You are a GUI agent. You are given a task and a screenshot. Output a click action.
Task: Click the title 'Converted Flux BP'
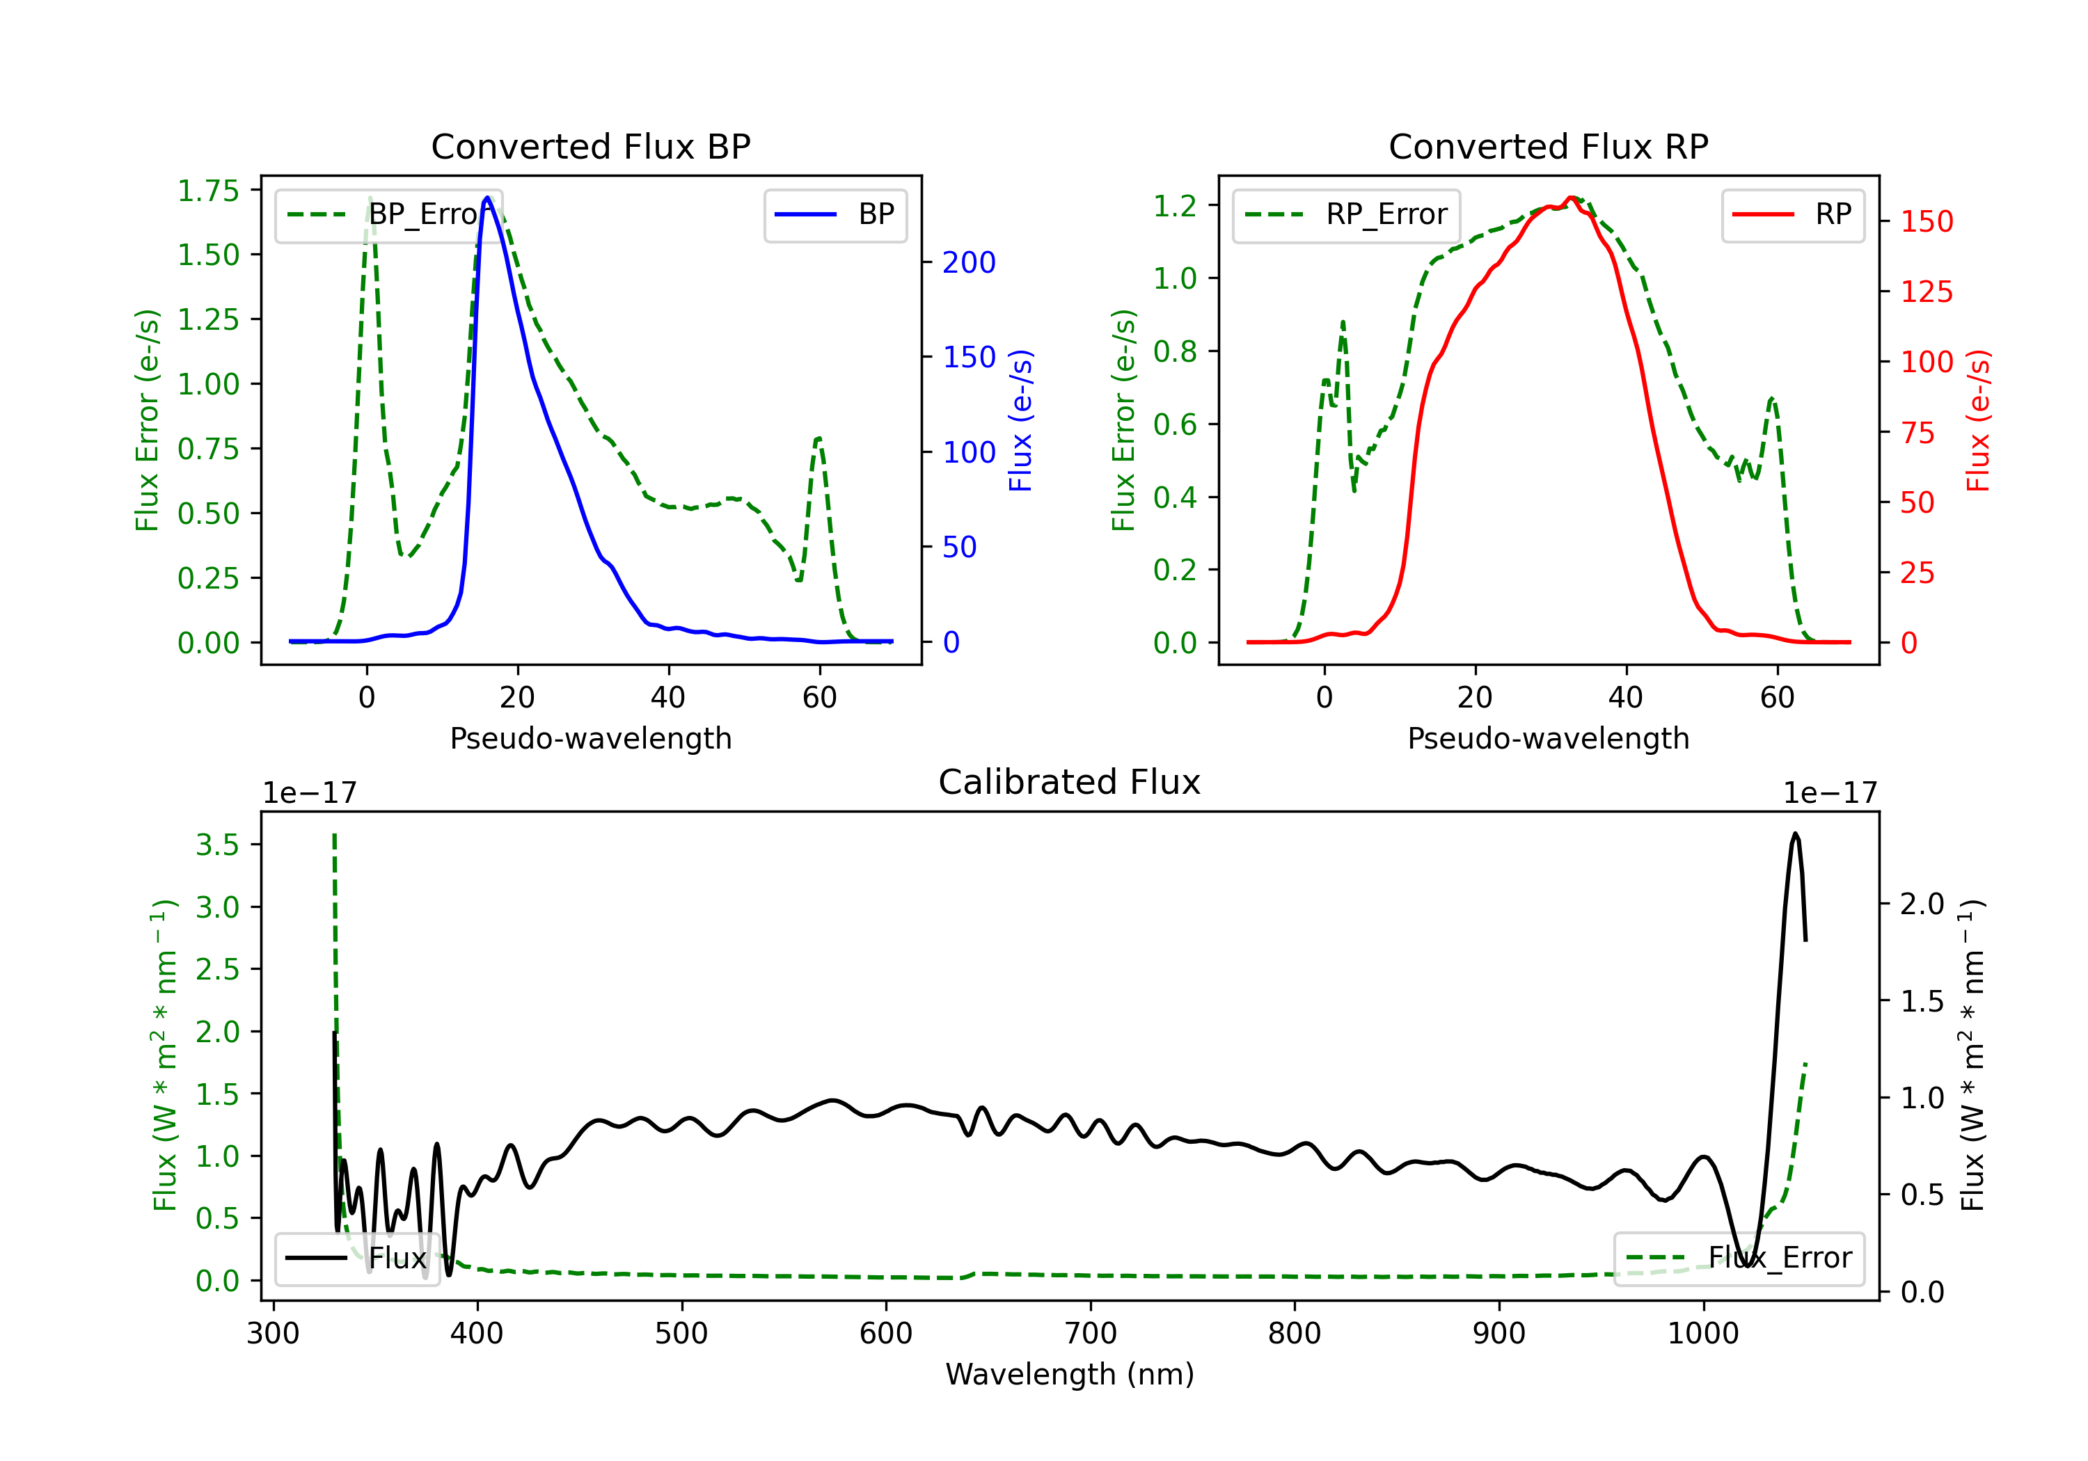click(x=590, y=146)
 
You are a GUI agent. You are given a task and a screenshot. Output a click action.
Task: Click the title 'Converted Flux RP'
click(x=1548, y=146)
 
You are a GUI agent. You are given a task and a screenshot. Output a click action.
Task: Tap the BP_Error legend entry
click(x=389, y=214)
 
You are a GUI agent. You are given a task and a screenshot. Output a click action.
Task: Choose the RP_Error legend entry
click(x=1346, y=214)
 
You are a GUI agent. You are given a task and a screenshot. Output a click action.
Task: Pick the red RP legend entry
click(x=1792, y=214)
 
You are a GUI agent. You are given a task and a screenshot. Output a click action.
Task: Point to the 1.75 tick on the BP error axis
click(x=208, y=191)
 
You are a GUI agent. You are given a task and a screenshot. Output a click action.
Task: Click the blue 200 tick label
click(x=969, y=263)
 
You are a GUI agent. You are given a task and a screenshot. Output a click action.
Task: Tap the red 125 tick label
click(x=1926, y=292)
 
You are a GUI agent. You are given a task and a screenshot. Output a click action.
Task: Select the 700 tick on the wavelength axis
click(x=1091, y=1334)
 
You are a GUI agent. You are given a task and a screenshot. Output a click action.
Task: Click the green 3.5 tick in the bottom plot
click(x=217, y=845)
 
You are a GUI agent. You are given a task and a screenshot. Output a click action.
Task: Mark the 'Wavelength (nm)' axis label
click(x=1070, y=1374)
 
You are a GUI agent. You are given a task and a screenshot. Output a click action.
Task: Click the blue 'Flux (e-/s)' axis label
click(x=1021, y=420)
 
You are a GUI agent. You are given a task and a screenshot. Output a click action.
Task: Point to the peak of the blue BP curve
click(x=487, y=198)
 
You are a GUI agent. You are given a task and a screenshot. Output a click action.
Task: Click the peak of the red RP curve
click(x=1571, y=198)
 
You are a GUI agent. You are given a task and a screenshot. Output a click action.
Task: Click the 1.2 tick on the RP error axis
click(x=1175, y=205)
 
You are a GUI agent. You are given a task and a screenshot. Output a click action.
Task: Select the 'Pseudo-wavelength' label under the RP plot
click(x=1548, y=738)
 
